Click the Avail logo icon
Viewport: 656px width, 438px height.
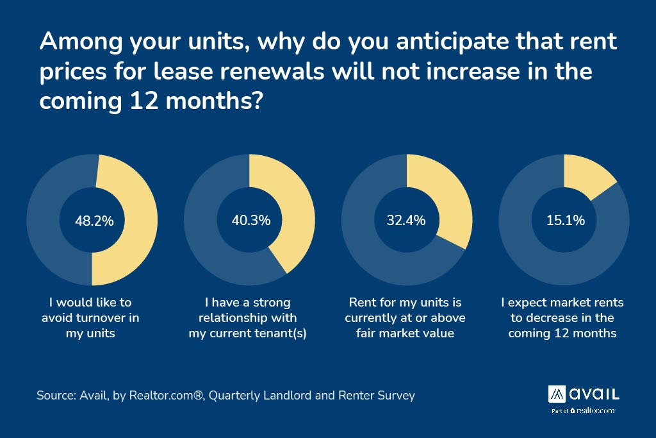[557, 392]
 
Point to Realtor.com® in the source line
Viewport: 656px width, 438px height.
[167, 395]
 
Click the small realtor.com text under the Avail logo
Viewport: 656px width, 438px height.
[596, 410]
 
